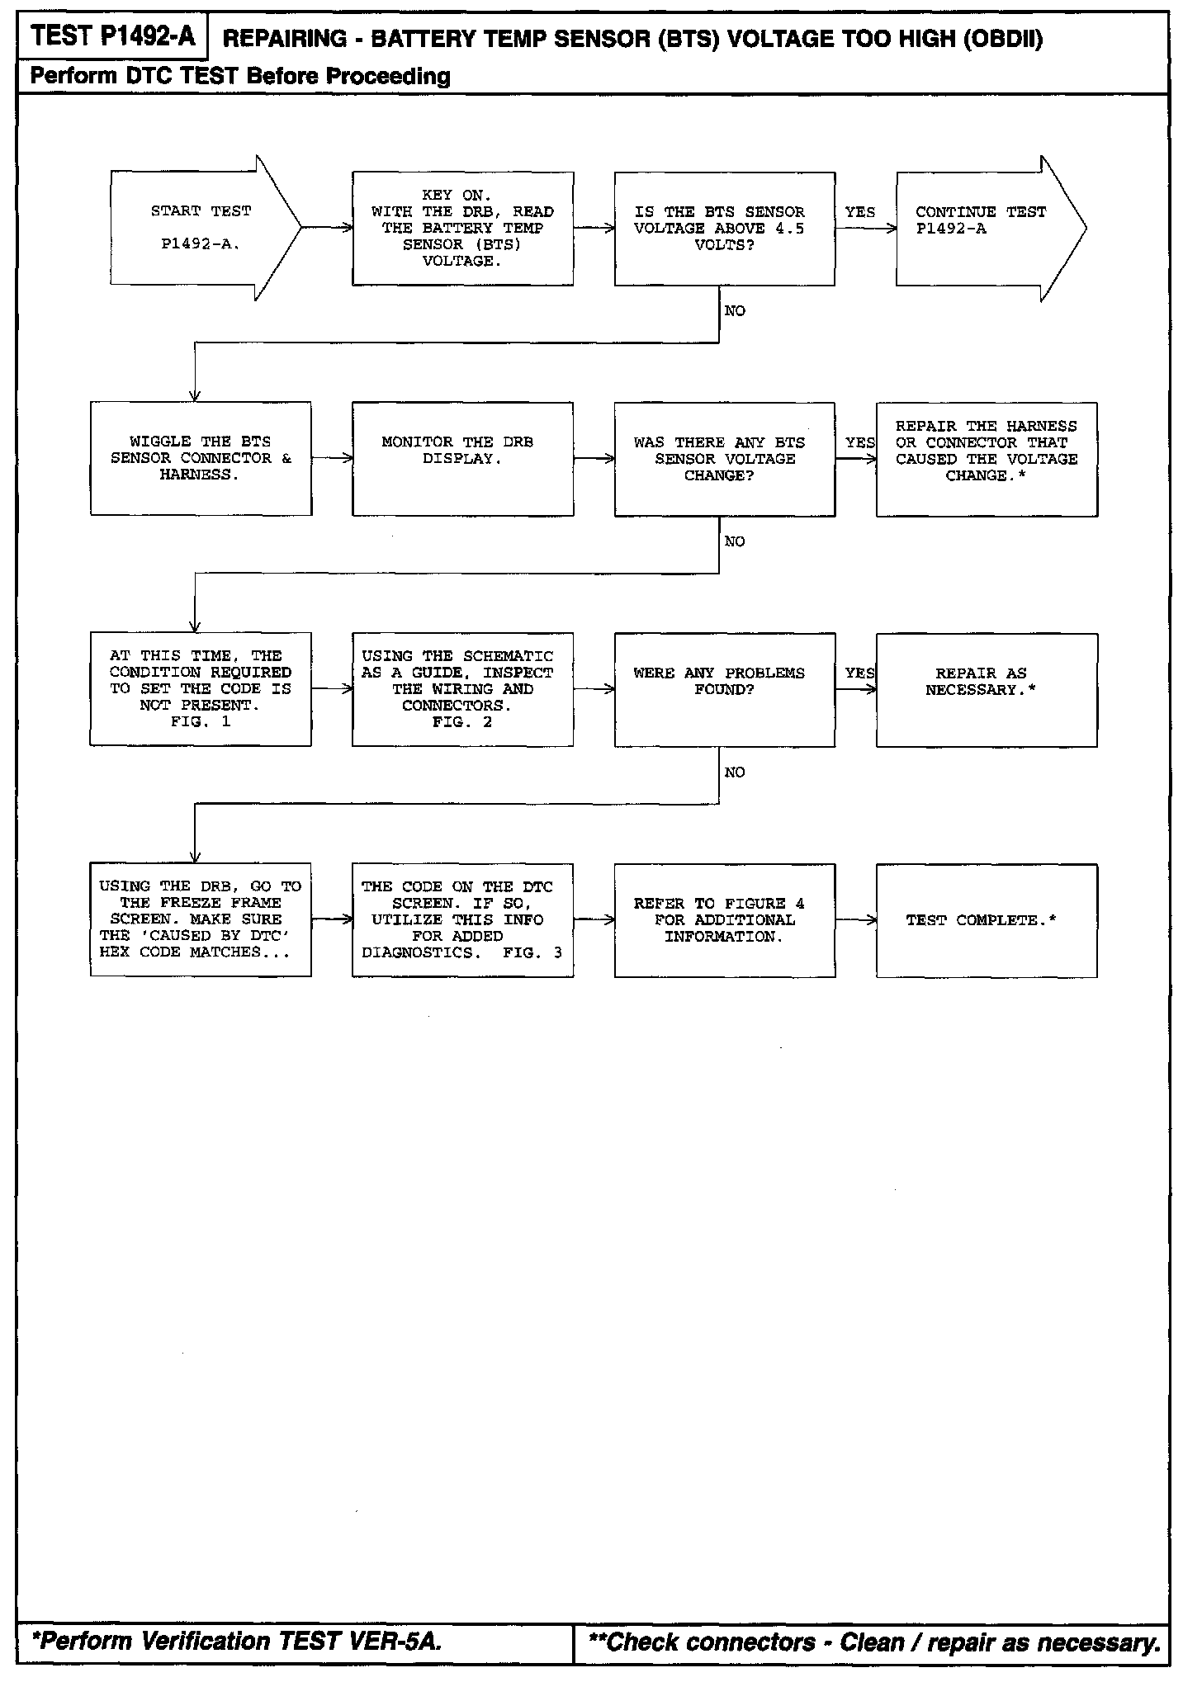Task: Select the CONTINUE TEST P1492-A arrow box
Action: click(982, 228)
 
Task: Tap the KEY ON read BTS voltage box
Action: click(462, 229)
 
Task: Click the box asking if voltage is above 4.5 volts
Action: click(724, 229)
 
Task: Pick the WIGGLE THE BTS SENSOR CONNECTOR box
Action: click(201, 459)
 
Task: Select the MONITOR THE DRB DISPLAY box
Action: click(462, 459)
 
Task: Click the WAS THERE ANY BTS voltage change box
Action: click(724, 459)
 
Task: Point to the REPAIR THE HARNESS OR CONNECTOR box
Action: click(987, 459)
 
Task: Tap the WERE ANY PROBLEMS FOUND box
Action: click(724, 690)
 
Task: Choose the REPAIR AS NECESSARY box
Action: click(987, 690)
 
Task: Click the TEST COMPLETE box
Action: click(987, 920)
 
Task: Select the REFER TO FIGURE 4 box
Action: click(724, 920)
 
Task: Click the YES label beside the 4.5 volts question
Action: click(859, 212)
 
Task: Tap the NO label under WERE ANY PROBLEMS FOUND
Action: click(734, 772)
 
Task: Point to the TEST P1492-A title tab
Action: click(112, 36)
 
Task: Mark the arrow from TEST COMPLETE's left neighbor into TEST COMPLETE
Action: click(856, 920)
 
